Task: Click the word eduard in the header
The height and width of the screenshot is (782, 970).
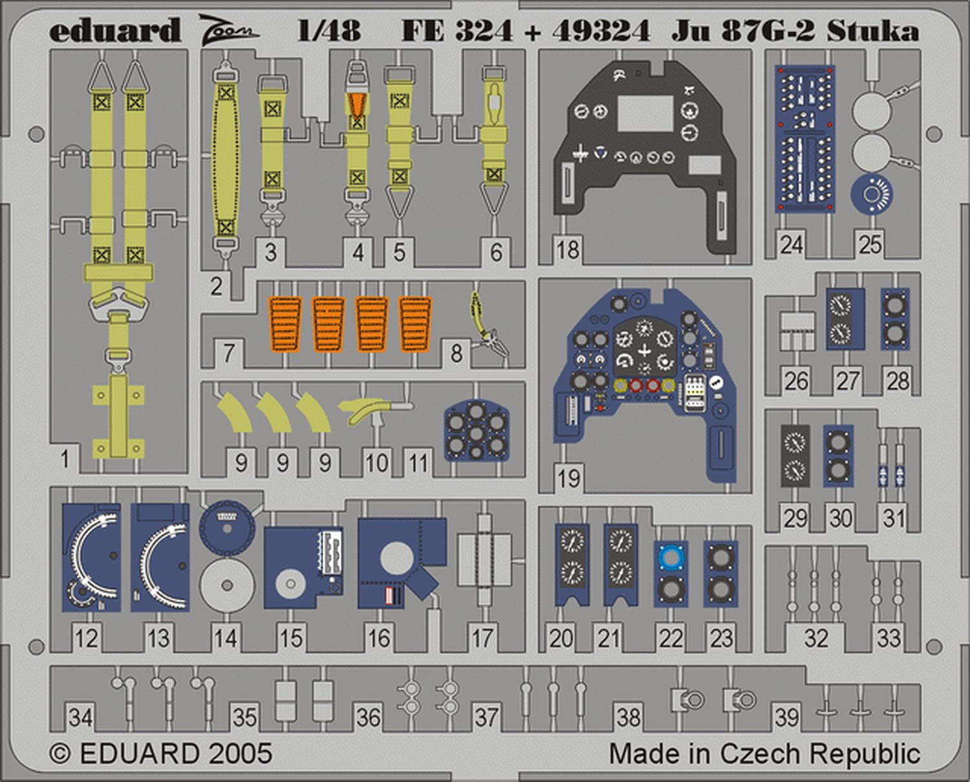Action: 114,31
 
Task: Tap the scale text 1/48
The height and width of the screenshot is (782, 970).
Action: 329,30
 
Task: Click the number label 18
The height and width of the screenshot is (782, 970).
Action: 568,250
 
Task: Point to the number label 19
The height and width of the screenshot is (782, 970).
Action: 568,479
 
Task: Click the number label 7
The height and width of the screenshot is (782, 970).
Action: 228,353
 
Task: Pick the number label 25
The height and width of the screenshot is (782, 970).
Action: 870,244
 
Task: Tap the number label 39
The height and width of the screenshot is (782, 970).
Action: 787,717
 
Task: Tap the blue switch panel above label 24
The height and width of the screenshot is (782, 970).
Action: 804,138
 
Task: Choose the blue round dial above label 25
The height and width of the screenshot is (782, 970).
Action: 871,193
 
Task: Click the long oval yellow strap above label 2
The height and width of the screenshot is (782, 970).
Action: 225,162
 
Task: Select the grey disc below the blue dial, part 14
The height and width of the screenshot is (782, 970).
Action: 226,585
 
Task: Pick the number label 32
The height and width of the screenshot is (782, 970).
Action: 815,638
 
